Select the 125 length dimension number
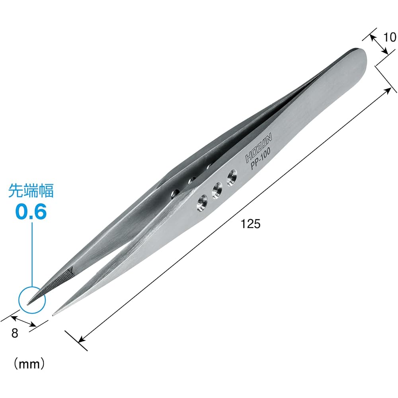(250, 224)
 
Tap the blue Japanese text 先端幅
(31, 191)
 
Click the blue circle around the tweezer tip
(32, 299)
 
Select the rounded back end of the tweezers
(360, 56)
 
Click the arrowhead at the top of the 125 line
(388, 90)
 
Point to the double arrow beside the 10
(378, 43)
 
